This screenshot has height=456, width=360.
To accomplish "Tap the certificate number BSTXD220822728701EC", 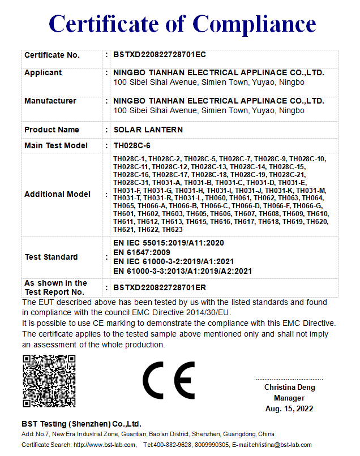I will pyautogui.click(x=160, y=55).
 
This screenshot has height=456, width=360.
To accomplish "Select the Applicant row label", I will pyautogui.click(x=43, y=72).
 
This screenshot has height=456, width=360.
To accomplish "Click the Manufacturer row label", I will pyautogui.click(x=50, y=101).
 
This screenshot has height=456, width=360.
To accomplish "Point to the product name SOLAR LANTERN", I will pyautogui.click(x=148, y=130).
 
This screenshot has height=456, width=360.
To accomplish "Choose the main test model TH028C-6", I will pyautogui.click(x=132, y=145).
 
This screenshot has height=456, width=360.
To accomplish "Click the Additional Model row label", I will pyautogui.click(x=57, y=194).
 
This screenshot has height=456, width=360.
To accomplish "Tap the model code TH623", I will pyautogui.click(x=172, y=230).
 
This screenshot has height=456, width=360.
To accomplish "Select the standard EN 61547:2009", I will pyautogui.click(x=142, y=252).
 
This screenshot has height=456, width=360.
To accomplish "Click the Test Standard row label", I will pyautogui.click(x=52, y=257).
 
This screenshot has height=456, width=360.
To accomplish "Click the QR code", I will pyautogui.click(x=48, y=381).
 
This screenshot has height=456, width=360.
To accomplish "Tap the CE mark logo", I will pyautogui.click(x=168, y=381).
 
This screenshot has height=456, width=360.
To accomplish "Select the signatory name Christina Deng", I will pyautogui.click(x=290, y=388).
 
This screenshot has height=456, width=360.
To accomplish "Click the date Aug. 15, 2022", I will pyautogui.click(x=289, y=408).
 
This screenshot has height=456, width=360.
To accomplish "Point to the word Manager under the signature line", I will pyautogui.click(x=289, y=398).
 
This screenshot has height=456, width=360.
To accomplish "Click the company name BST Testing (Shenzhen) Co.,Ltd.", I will pyautogui.click(x=81, y=424).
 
